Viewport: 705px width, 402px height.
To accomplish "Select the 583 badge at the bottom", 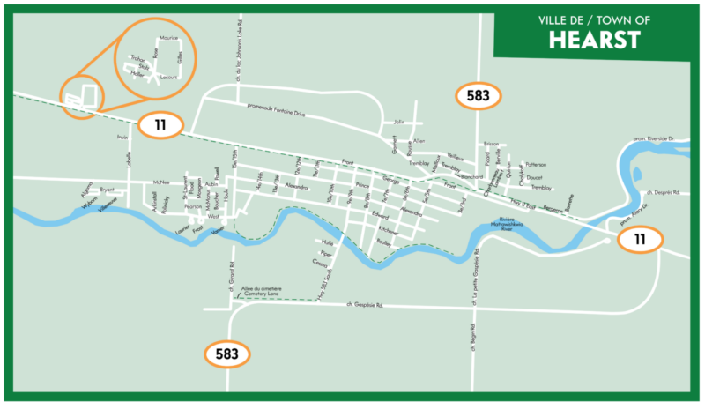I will (x=227, y=354).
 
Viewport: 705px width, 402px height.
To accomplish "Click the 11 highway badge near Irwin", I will (x=160, y=125).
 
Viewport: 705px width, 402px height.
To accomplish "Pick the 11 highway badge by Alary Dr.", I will (x=638, y=239).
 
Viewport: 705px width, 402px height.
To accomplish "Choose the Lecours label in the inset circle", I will (x=169, y=77).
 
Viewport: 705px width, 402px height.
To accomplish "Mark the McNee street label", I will (x=160, y=182).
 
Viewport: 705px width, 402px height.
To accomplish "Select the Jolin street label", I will (x=399, y=121).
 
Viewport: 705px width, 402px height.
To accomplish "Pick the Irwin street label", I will (x=122, y=138).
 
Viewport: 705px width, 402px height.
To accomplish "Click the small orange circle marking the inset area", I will (x=81, y=95).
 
